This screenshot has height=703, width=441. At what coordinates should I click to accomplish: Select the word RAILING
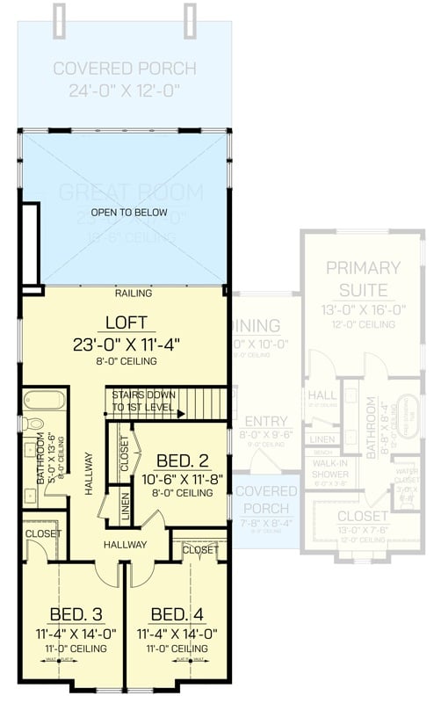(133, 293)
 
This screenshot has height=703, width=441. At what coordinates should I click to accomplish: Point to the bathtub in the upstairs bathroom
(43, 402)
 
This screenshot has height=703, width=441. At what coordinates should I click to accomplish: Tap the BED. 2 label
(181, 460)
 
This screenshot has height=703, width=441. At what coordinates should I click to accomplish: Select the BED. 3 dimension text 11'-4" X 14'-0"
(73, 631)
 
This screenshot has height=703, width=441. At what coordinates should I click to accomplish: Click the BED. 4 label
(177, 613)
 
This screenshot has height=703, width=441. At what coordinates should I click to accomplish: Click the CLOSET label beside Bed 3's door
(42, 533)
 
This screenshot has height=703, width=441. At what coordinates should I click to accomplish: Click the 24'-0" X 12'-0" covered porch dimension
(123, 89)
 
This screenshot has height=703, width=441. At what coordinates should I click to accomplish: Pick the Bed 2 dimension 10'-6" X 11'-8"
(182, 479)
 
